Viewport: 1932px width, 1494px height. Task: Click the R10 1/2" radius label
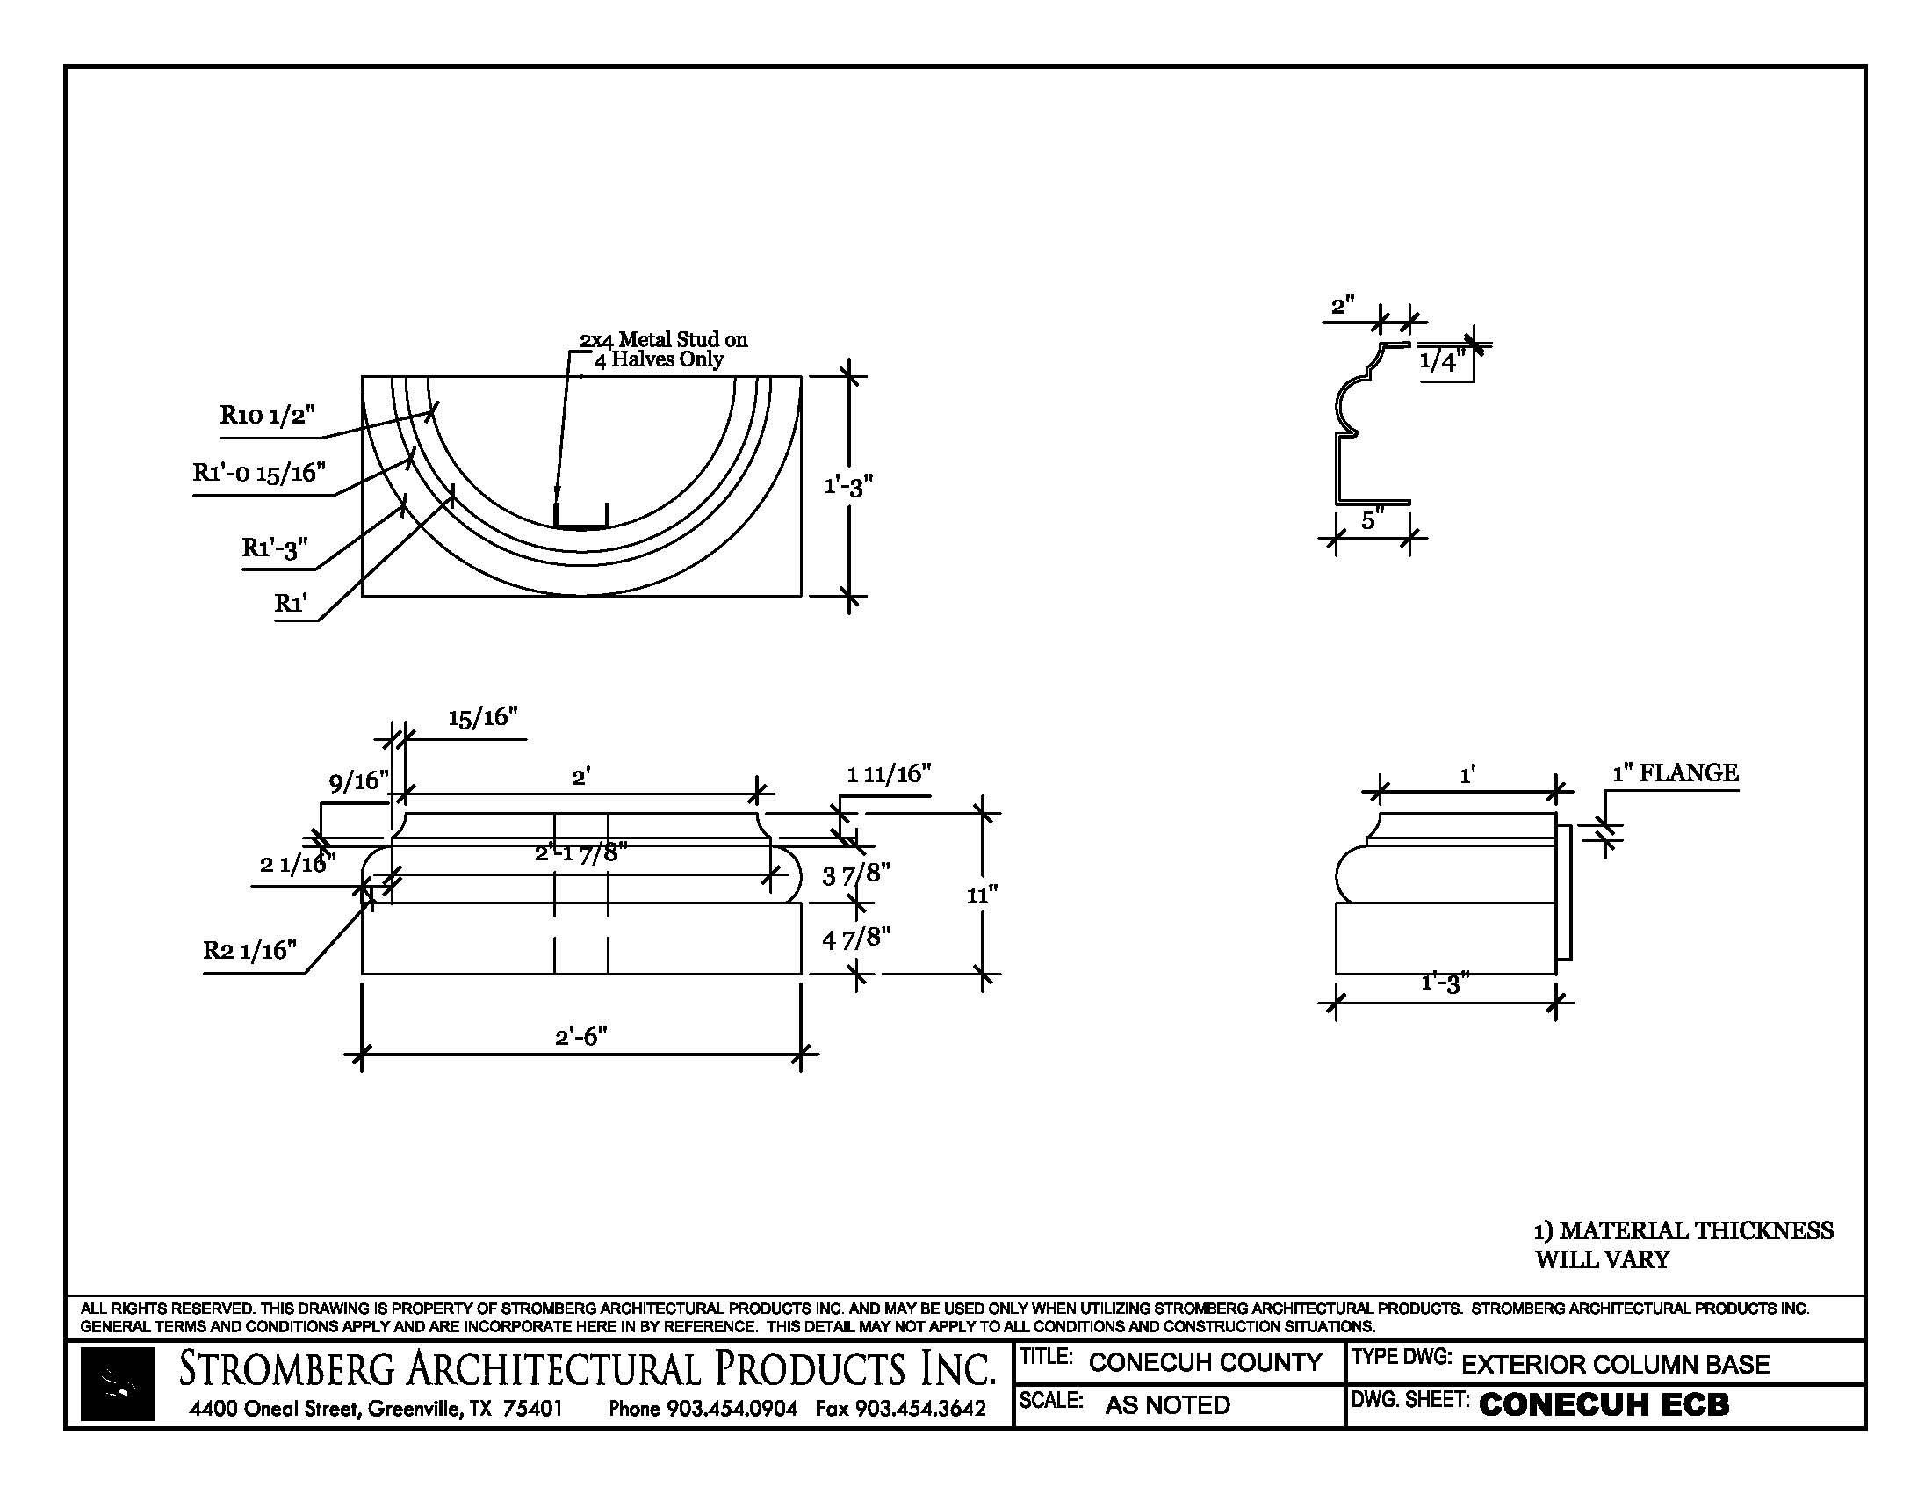click(x=268, y=415)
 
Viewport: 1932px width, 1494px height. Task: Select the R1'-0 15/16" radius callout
click(x=259, y=473)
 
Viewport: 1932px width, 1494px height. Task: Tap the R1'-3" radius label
click(x=275, y=548)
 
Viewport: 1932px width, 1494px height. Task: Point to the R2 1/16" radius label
click(x=250, y=951)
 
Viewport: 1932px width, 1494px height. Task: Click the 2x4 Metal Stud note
click(x=662, y=350)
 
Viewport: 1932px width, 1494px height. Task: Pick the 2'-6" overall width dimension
click(x=581, y=1036)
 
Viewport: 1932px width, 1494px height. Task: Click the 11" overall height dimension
click(x=982, y=896)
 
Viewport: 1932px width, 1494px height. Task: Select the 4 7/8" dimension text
click(x=855, y=939)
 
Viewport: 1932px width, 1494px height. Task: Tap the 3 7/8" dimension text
click(x=855, y=875)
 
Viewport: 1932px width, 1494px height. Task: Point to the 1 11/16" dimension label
click(x=889, y=774)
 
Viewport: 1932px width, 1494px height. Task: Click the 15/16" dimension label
click(x=482, y=718)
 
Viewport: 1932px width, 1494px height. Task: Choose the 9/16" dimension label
click(x=358, y=781)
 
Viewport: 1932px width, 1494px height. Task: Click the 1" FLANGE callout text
click(x=1675, y=773)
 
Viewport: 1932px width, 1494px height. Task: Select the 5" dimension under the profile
click(x=1372, y=520)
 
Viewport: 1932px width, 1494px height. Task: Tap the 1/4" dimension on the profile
click(x=1442, y=361)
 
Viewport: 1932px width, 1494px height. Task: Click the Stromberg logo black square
click(x=117, y=1384)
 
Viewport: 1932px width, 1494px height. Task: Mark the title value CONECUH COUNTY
click(x=1205, y=1362)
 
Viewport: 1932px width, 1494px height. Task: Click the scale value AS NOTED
click(x=1168, y=1405)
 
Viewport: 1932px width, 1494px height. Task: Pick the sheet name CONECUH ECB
click(x=1603, y=1405)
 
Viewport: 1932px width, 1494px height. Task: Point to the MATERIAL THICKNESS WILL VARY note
click(x=1683, y=1244)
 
